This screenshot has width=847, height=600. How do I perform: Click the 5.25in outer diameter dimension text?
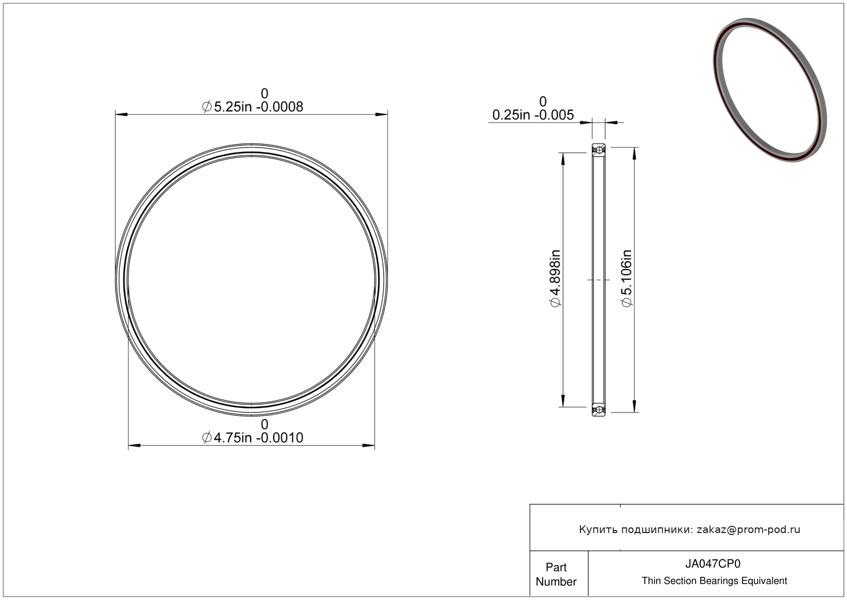pos(253,107)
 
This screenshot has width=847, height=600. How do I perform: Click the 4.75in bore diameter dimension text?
pos(253,438)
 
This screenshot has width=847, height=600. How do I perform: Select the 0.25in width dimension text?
pos(533,115)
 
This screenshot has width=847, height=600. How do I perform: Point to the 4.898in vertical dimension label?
pos(555,278)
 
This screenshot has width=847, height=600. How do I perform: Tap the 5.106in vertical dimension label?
pos(627,278)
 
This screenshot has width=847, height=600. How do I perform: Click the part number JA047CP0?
pos(713,563)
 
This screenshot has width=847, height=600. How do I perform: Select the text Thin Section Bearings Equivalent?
pos(714,581)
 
